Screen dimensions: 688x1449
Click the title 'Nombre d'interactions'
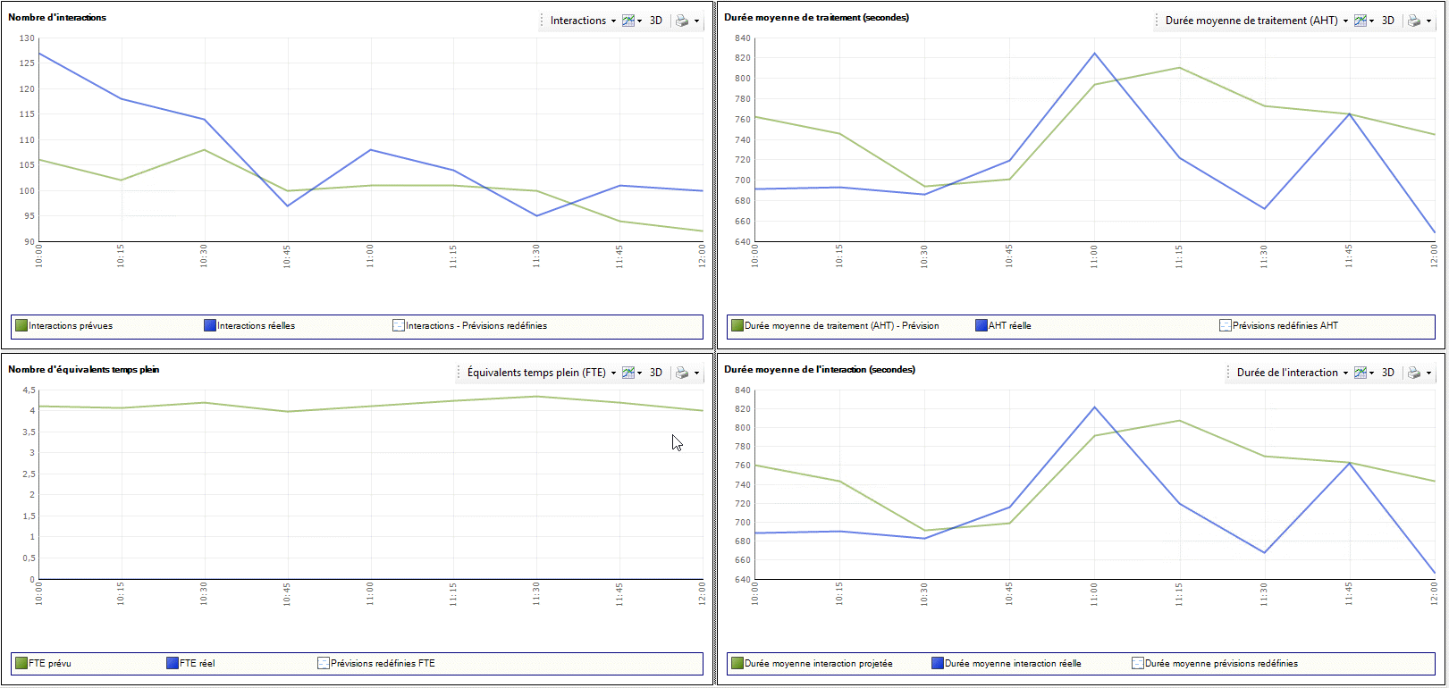tap(57, 18)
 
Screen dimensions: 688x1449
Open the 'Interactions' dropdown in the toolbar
tap(583, 21)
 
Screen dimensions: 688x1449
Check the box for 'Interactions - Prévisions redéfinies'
tap(399, 325)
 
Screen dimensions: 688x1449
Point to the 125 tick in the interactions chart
tap(27, 63)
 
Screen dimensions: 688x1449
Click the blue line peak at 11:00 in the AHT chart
tap(1094, 54)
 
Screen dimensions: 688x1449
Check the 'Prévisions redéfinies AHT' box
tap(1226, 325)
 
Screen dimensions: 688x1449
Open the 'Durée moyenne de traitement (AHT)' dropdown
tap(1256, 21)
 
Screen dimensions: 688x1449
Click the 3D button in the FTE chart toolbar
tap(656, 373)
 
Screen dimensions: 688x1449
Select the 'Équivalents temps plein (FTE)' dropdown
tap(541, 373)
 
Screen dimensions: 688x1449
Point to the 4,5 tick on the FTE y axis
tap(29, 390)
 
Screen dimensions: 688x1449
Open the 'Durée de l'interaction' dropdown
tap(1292, 373)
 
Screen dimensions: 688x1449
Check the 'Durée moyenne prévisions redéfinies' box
tap(1138, 663)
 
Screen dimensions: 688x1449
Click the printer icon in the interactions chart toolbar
tap(682, 21)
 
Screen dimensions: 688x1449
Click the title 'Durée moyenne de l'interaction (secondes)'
tap(819, 370)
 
